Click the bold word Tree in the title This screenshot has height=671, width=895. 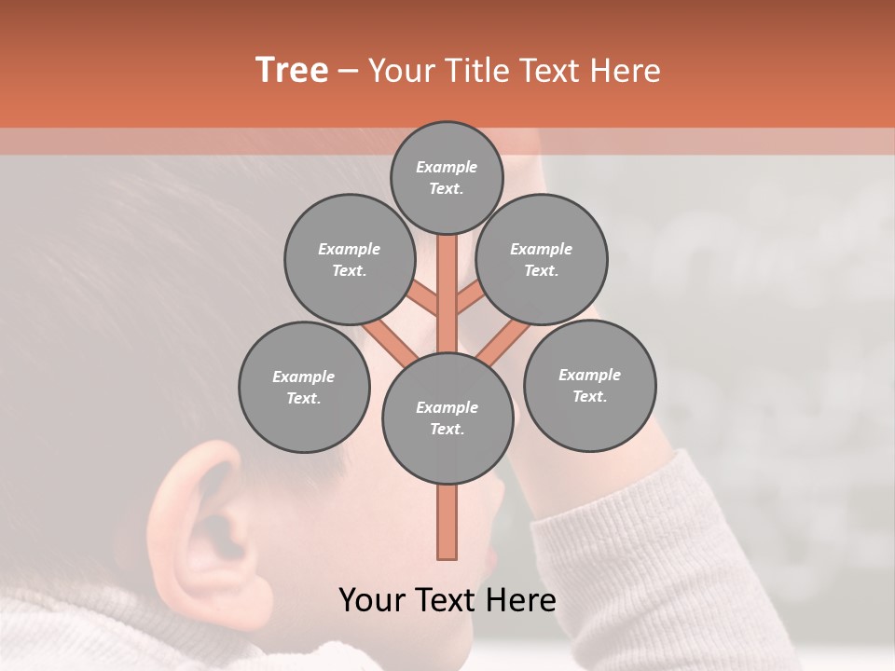coord(292,71)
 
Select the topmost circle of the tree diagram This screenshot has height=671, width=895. coord(447,177)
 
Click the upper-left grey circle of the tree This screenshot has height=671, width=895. coord(349,259)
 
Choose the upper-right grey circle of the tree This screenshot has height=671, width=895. coord(542,259)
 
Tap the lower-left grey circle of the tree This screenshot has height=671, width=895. coord(303,387)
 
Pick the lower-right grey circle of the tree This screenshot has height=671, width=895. coord(589,385)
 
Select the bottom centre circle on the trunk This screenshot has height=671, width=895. coord(447,418)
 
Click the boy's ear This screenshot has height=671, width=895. coord(205,522)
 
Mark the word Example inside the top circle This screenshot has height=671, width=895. coord(447,167)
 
